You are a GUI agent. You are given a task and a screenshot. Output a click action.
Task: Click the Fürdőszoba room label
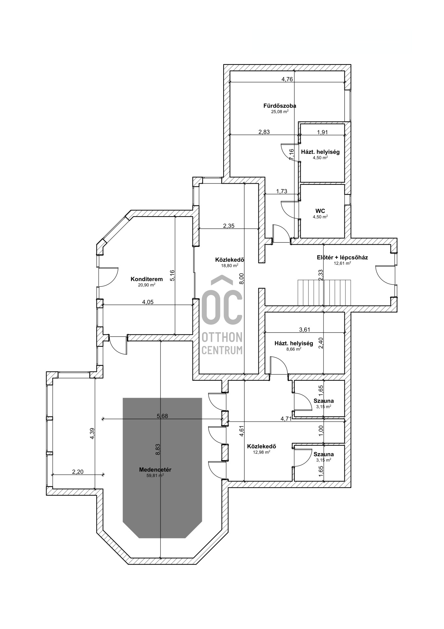280,106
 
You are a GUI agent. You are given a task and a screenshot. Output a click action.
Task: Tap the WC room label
320,211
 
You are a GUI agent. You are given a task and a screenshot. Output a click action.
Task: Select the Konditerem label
147,279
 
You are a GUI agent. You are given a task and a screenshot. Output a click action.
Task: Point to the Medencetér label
155,470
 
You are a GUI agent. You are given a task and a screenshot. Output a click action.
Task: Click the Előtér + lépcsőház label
342,257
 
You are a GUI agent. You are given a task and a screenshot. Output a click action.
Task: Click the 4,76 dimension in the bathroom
287,79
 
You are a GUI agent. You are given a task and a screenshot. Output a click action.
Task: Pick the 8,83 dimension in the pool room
158,449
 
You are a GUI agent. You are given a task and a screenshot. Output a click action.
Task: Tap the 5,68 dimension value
162,416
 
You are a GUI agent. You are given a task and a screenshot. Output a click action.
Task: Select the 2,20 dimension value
78,472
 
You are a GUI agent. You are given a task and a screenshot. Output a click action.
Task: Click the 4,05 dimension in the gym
148,302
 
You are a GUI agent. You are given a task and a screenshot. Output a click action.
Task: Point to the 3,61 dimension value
305,330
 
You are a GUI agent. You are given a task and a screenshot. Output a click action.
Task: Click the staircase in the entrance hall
324,292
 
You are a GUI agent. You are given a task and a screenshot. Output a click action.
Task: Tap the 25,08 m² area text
280,111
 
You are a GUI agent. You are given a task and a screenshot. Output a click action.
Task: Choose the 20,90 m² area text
147,285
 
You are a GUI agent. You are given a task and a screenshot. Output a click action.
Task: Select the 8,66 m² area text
294,349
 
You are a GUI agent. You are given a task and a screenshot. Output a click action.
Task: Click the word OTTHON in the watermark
222,337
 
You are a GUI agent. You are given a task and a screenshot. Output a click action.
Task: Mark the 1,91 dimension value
323,132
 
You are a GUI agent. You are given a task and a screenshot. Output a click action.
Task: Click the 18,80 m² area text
230,266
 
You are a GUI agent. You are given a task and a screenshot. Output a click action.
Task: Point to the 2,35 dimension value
229,226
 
